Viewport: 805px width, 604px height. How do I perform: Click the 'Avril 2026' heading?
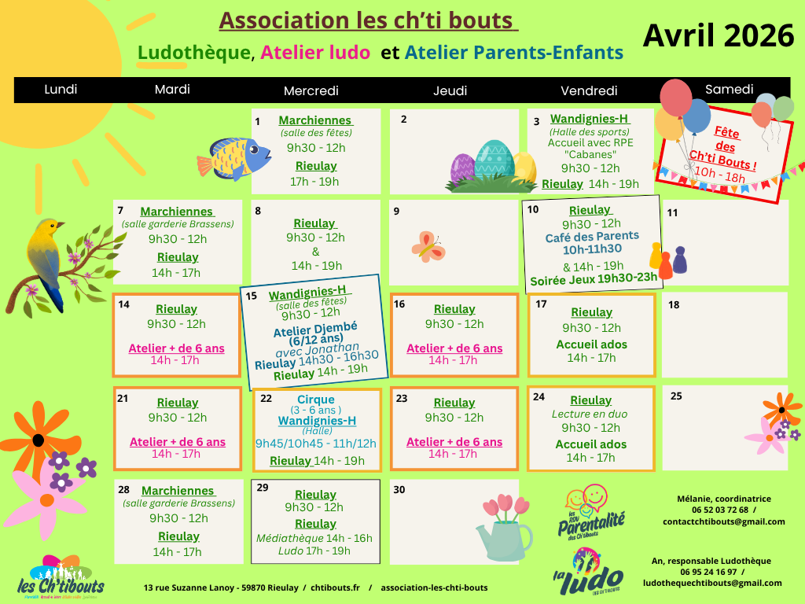coord(719,35)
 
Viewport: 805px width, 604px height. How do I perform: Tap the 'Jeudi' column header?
coord(450,90)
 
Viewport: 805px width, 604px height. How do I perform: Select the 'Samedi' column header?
coord(729,90)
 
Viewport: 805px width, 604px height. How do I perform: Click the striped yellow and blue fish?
coord(233,157)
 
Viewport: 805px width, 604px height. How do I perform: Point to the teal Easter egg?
coord(494,160)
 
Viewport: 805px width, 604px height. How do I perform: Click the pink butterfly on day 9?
coord(428,246)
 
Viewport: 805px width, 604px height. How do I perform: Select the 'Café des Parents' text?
coord(592,237)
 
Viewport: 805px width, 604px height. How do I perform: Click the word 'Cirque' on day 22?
coord(316,400)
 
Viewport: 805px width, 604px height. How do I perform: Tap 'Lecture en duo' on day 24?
coord(590,414)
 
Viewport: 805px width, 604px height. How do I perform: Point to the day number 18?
coord(674,305)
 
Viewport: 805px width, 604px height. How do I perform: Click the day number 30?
coord(399,489)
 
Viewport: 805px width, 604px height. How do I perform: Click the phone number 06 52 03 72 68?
coord(720,510)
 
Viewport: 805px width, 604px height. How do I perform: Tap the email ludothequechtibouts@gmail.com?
coord(712,583)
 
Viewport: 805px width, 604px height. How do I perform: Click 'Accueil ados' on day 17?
coord(591,344)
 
